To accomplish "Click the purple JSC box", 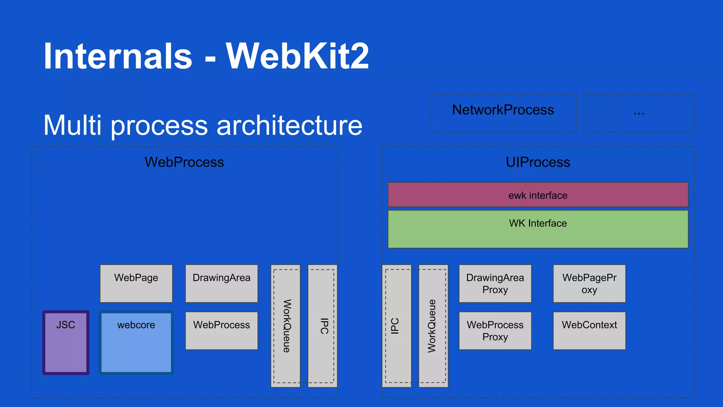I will click(x=66, y=342).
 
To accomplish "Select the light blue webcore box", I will click(x=136, y=342).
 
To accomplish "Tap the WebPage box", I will click(x=136, y=283).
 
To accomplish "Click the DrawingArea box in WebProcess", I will click(x=221, y=283).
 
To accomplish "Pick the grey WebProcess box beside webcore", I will click(x=221, y=330).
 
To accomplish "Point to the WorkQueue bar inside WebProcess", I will click(x=286, y=326).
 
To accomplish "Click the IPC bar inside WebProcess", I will click(x=323, y=326).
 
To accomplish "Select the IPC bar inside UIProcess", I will click(x=396, y=326).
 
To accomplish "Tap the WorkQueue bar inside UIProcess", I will click(x=433, y=326).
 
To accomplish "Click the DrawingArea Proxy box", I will click(x=495, y=283).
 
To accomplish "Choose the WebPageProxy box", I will click(x=589, y=283).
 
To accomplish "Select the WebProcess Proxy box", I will click(x=495, y=330).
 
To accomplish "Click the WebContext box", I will click(x=589, y=330).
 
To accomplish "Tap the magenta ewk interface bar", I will click(x=538, y=195).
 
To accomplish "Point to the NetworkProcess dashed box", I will click(x=503, y=113).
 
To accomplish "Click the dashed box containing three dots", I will click(x=639, y=113).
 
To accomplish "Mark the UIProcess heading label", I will click(x=538, y=162).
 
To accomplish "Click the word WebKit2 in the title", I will click(x=297, y=56).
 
